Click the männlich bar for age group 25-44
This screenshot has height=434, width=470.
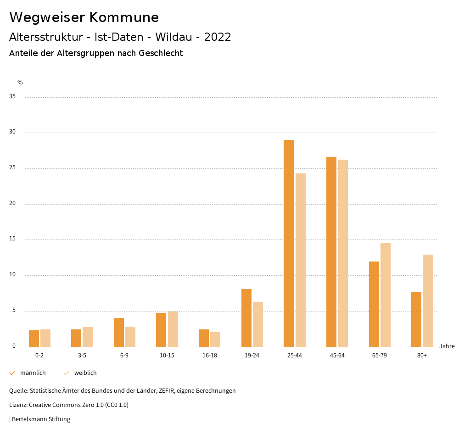pyautogui.click(x=289, y=243)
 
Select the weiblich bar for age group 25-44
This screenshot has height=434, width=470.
pyautogui.click(x=301, y=260)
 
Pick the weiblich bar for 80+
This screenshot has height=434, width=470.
pyautogui.click(x=428, y=300)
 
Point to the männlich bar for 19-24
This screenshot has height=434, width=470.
pyautogui.click(x=246, y=317)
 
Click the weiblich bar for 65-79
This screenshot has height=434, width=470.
pyautogui.click(x=386, y=295)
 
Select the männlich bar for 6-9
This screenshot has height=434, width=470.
pyautogui.click(x=119, y=332)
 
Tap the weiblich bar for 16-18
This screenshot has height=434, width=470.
pyautogui.click(x=215, y=339)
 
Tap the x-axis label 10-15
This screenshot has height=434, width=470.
pyautogui.click(x=167, y=356)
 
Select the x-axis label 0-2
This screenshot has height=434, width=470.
pyautogui.click(x=39, y=356)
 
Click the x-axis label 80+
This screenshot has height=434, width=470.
pyautogui.click(x=422, y=356)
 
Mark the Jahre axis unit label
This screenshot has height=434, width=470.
pyautogui.click(x=447, y=346)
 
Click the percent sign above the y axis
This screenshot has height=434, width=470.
pyautogui.click(x=20, y=83)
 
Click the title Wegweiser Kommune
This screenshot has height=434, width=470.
pyautogui.click(x=84, y=17)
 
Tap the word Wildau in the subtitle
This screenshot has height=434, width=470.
pyautogui.click(x=174, y=37)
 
